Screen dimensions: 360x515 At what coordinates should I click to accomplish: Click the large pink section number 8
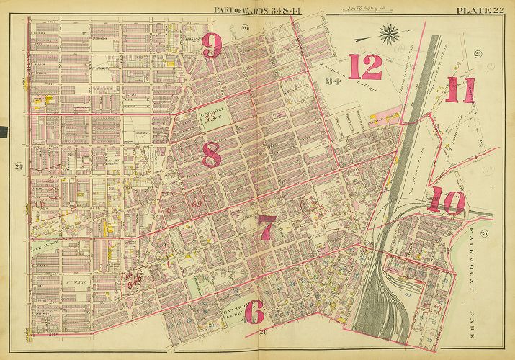click(x=211, y=154)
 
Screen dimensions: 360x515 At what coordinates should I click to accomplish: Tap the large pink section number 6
click(x=258, y=312)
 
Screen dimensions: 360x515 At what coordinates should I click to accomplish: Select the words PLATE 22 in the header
click(x=483, y=9)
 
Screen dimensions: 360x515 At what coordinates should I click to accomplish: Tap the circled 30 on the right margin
click(x=485, y=233)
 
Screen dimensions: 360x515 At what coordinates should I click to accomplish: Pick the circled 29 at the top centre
click(x=225, y=28)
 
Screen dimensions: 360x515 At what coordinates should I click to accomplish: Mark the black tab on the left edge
click(x=3, y=132)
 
